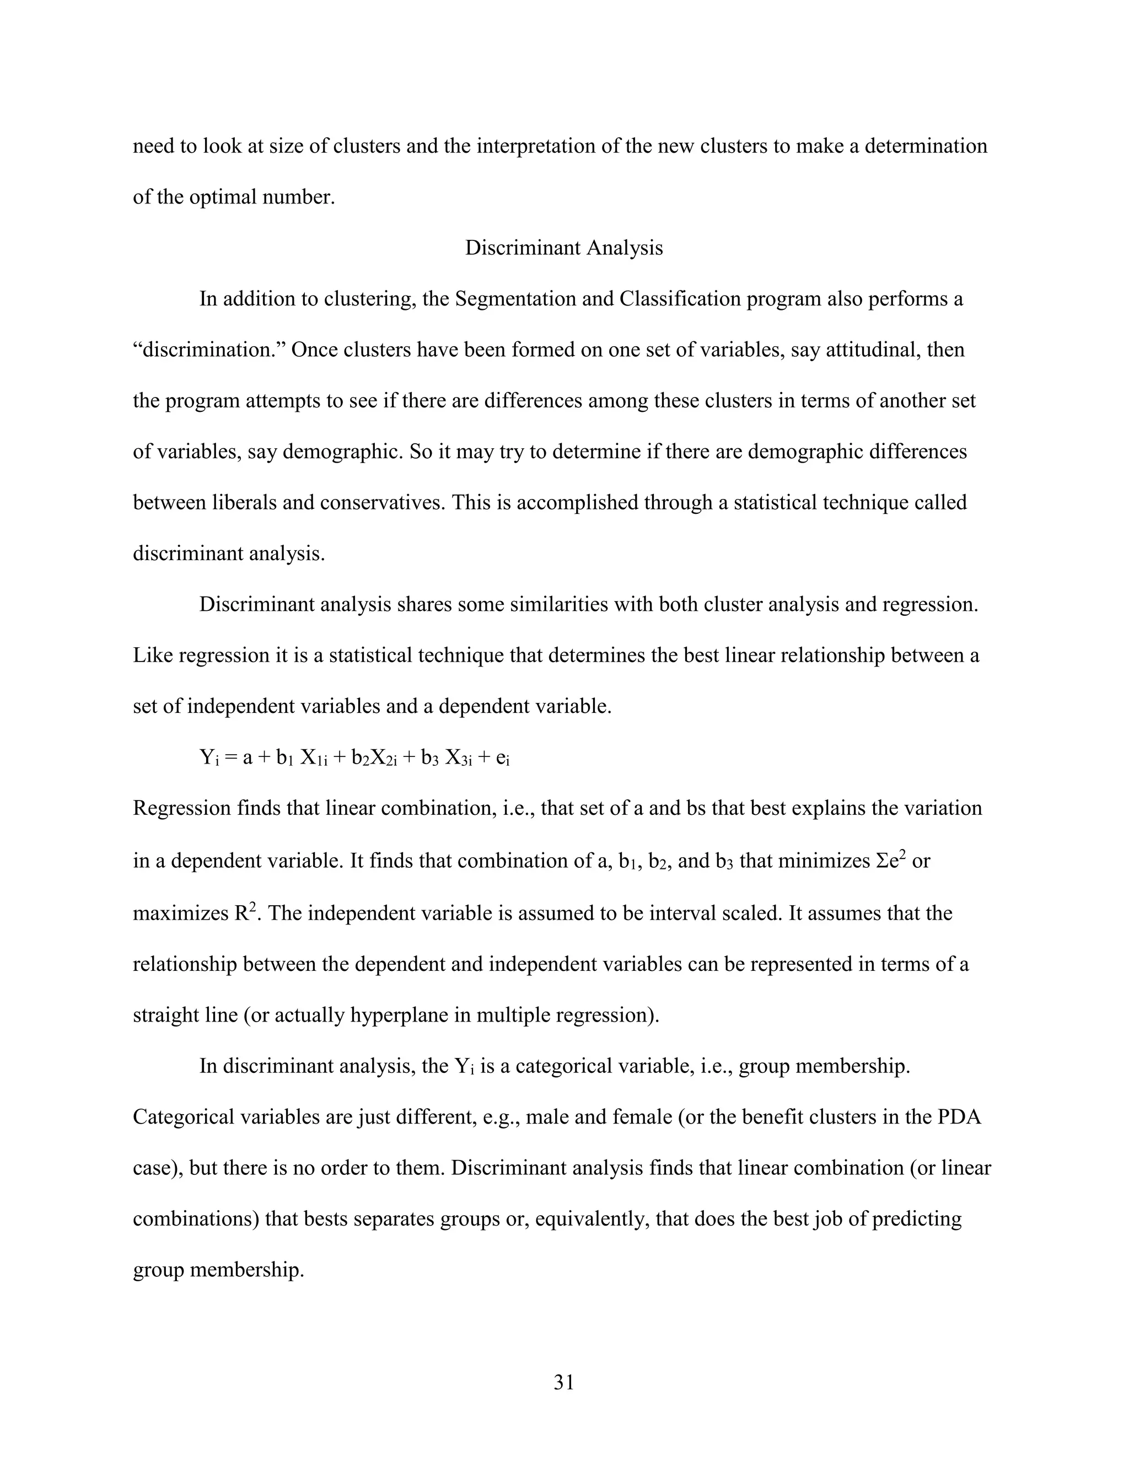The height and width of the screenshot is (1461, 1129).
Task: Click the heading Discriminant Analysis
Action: (x=564, y=248)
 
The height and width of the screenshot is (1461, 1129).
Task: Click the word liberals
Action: (x=239, y=502)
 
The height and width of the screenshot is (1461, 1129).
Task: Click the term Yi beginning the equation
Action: (x=209, y=758)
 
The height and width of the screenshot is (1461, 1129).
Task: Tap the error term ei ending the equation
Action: (x=503, y=758)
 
